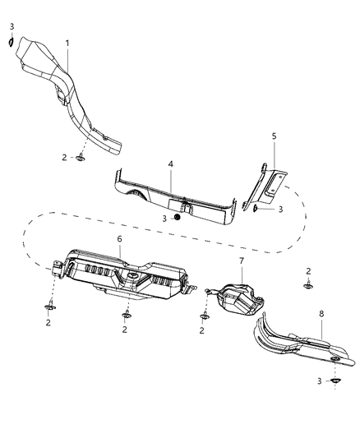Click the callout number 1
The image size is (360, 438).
click(67, 42)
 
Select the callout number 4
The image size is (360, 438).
click(170, 164)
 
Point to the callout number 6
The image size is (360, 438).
click(120, 238)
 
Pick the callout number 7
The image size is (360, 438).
click(242, 261)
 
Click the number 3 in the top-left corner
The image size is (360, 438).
click(12, 26)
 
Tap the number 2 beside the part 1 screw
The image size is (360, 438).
click(63, 156)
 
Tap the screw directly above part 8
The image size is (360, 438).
click(309, 287)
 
